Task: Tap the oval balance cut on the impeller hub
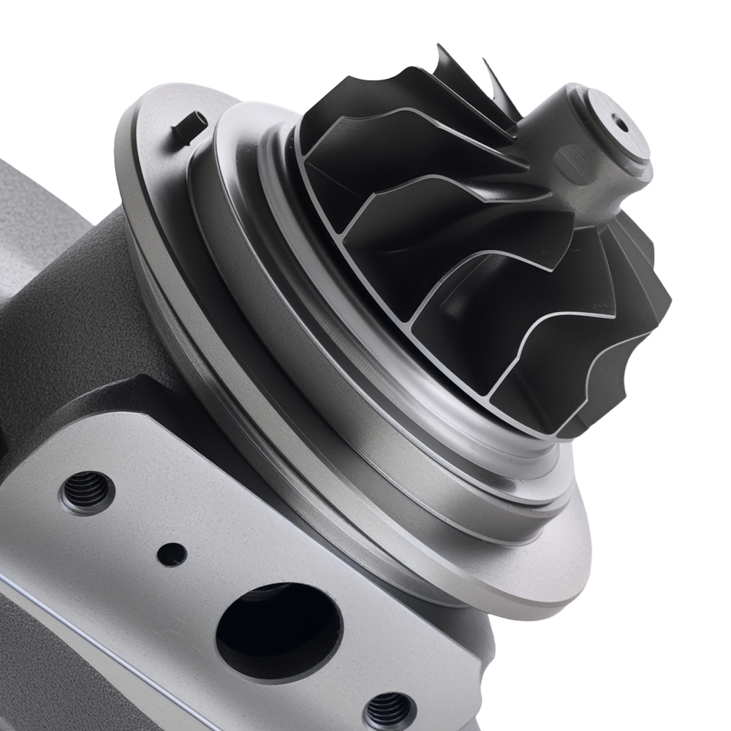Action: (574, 156)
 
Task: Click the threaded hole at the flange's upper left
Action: (87, 492)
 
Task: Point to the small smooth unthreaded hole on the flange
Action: (172, 555)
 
